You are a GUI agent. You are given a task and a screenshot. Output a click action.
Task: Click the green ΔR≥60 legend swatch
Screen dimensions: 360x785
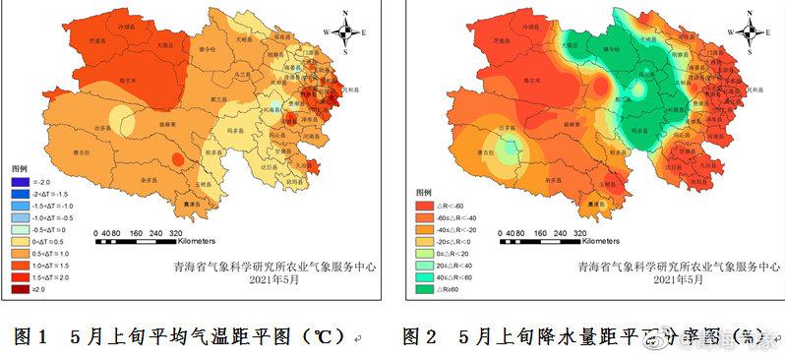click(x=417, y=289)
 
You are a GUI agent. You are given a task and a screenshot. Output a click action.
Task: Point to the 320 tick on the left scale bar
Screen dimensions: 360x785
click(x=179, y=233)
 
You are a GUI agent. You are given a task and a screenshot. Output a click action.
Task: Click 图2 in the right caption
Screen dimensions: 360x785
click(x=420, y=337)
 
